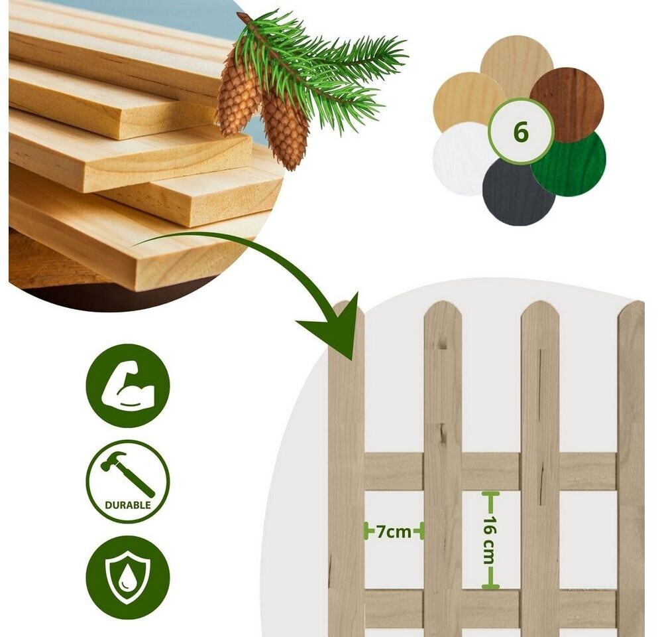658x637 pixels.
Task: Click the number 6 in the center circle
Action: pos(520,133)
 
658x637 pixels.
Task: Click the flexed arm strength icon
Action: pos(128,386)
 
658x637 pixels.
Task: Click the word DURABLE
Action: pos(128,505)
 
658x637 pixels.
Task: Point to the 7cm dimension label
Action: pos(394,531)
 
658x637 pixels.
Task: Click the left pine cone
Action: pos(237,97)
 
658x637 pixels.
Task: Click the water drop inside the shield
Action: pos(125,582)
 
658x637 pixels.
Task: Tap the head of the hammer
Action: pos(113,460)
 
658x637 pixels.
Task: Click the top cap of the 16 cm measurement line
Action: pos(490,493)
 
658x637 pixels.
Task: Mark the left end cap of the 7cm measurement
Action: pos(366,531)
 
